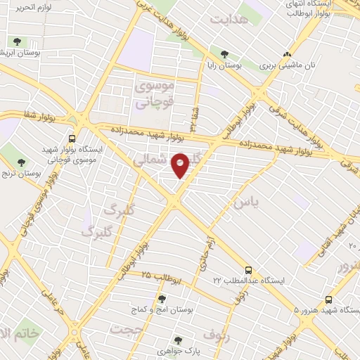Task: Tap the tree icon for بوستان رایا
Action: coord(225,53)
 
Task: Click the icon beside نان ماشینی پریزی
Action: coord(285,54)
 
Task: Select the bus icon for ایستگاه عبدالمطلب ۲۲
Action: coord(248,270)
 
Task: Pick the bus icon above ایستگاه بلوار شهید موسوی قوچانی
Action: coord(73,139)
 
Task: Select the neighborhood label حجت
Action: coord(127,329)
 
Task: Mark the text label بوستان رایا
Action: coord(226,65)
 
